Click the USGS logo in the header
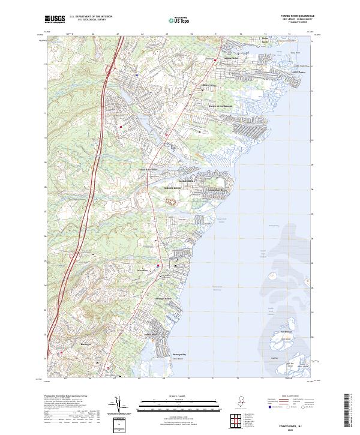[55, 19]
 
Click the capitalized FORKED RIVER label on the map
[172, 188]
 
